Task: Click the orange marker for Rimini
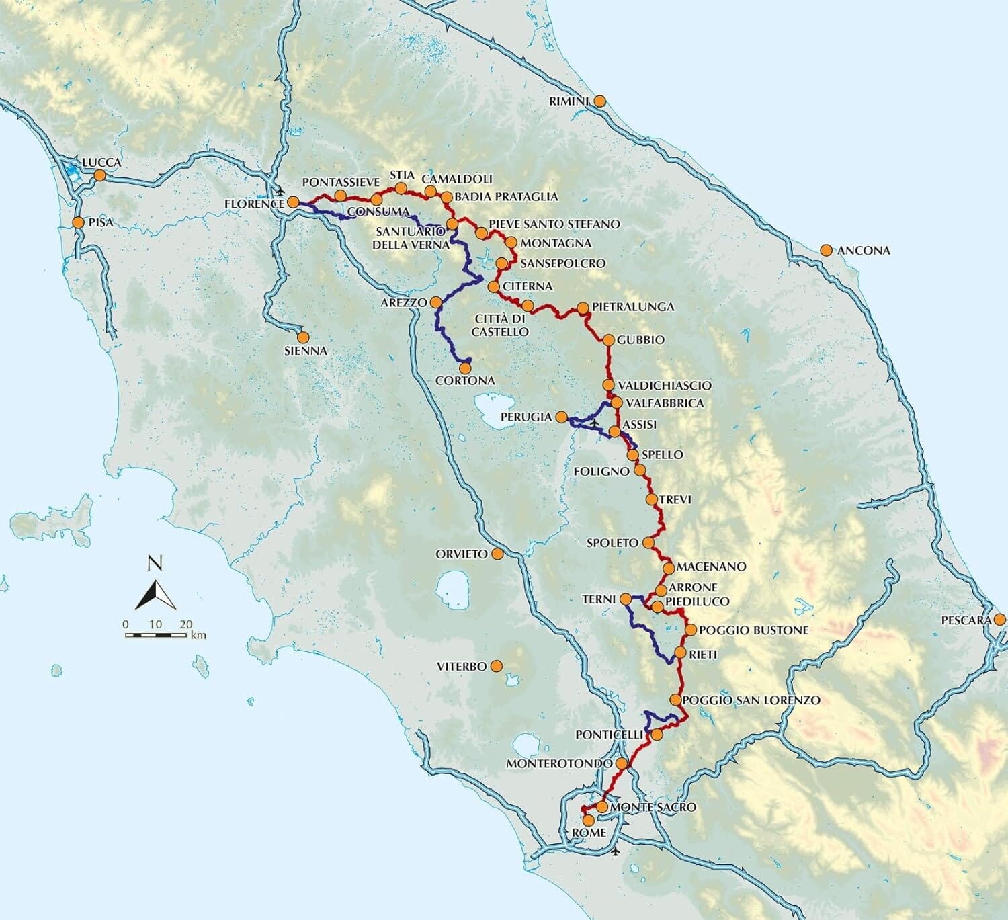tap(599, 101)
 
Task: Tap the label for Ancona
tap(864, 251)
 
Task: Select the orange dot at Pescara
tap(1000, 619)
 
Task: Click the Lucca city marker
tap(99, 175)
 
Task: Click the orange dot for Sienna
tap(303, 337)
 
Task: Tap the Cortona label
tap(465, 380)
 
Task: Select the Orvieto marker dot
tap(497, 554)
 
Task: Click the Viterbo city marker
tap(496, 666)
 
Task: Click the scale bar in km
tap(157, 634)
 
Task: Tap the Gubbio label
tap(640, 340)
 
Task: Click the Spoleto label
tap(612, 542)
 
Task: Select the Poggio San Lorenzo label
tap(751, 700)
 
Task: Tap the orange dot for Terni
tap(625, 599)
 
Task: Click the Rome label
tap(589, 833)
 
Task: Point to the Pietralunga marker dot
tap(583, 308)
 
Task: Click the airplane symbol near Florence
tap(280, 191)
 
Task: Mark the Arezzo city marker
tap(435, 302)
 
